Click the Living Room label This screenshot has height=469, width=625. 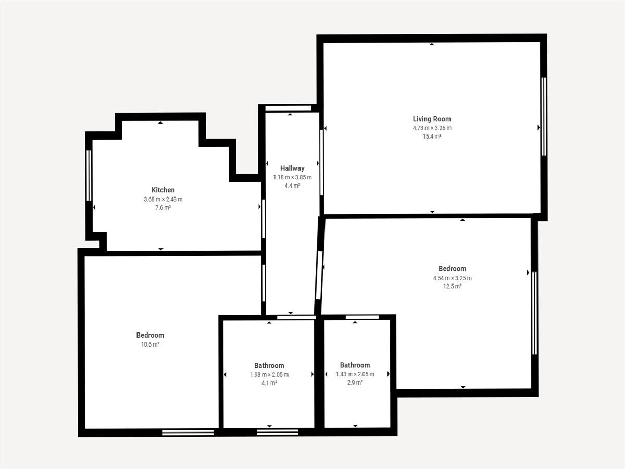tap(432, 119)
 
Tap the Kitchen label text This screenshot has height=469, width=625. tap(163, 190)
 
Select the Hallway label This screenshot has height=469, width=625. tap(292, 168)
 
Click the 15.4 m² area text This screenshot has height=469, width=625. tap(432, 137)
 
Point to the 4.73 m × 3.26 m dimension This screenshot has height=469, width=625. tap(432, 128)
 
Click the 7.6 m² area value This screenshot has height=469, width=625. tap(163, 208)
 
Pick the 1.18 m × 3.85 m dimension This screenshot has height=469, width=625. tap(292, 177)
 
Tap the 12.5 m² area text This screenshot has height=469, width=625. tap(452, 287)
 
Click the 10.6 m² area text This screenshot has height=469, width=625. tap(151, 344)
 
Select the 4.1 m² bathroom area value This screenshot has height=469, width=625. tap(269, 384)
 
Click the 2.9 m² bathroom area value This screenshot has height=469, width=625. tap(355, 382)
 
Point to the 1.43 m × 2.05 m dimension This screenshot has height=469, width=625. tap(355, 374)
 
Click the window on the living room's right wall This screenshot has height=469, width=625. tap(544, 116)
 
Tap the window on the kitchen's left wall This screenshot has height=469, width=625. tap(89, 176)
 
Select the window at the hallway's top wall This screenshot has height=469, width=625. tap(288, 108)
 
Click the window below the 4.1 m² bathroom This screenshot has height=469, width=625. tap(277, 433)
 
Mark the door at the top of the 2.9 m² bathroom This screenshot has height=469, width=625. tap(362, 317)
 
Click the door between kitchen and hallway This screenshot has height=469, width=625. tap(264, 219)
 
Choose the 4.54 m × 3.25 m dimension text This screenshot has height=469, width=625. tap(453, 278)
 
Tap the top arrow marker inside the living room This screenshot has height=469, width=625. tap(432, 44)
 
